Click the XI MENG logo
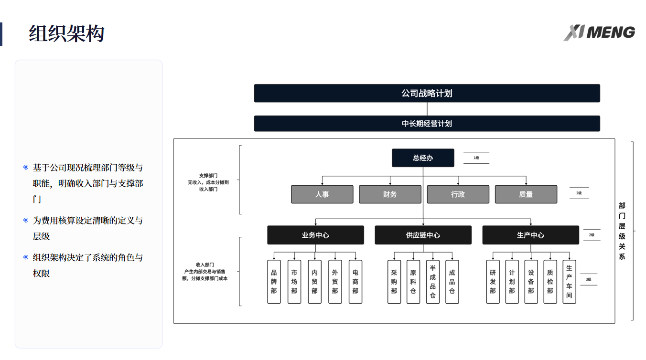coord(599,32)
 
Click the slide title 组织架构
coord(66,34)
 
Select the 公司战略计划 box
coord(427,93)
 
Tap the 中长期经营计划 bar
coord(427,124)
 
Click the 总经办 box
coord(423,158)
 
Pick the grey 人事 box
coord(322,194)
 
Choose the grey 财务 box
coord(390,194)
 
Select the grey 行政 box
coord(458,194)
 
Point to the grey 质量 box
coord(526,194)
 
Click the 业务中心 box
coord(315,235)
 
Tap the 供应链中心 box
coord(423,235)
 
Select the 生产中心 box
coord(530,235)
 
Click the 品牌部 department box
coord(274,282)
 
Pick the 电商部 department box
coord(355,282)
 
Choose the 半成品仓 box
coord(432,282)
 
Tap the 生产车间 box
coord(569,282)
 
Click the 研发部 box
coord(493,282)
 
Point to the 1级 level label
coord(476,158)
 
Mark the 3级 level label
coord(588,279)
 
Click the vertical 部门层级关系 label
coord(622,231)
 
